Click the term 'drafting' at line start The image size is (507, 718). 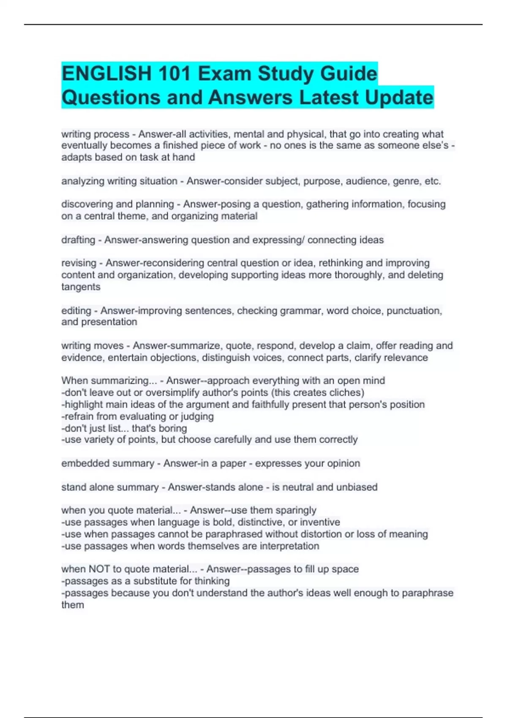(78, 240)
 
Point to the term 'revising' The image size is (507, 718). (79, 263)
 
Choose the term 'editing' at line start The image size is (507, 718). (76, 311)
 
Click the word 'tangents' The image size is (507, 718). (81, 287)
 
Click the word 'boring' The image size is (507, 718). (172, 428)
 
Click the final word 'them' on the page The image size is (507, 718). (73, 605)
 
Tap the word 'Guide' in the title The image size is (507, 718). (349, 73)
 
